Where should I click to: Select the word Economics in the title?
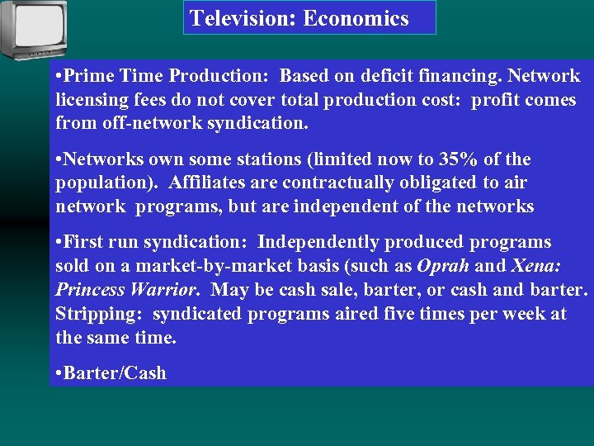coord(356,18)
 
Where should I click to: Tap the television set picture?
coord(34,30)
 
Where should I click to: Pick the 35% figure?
coord(449,159)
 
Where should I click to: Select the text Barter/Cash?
coord(115,373)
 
